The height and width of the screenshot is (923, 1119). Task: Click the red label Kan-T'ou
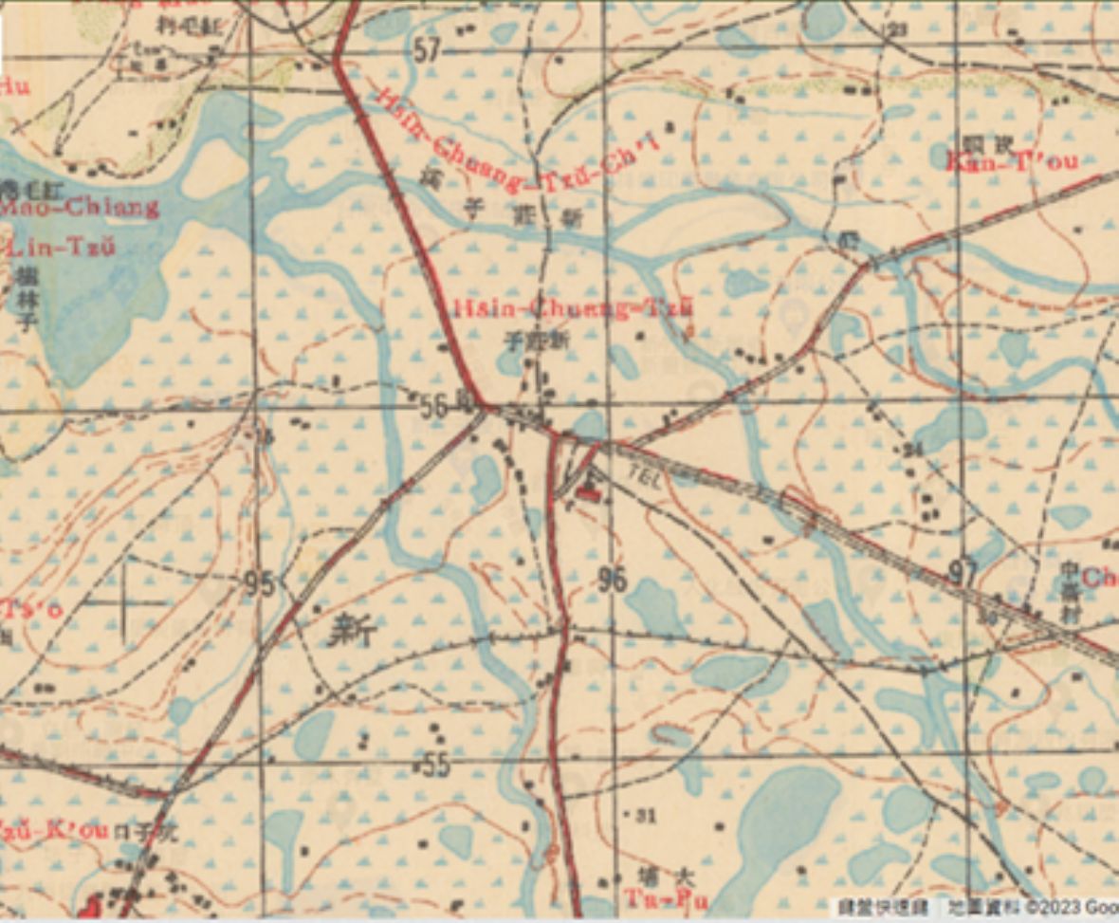(x=1012, y=161)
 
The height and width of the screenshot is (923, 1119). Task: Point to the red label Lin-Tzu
(x=62, y=249)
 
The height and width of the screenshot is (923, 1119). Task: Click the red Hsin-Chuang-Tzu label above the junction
(x=574, y=308)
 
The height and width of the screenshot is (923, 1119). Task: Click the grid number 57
(x=427, y=50)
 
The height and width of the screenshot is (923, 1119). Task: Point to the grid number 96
(x=613, y=579)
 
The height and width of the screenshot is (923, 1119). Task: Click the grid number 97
(x=963, y=573)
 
